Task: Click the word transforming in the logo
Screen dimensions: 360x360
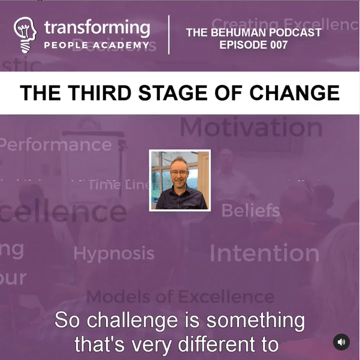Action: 96,28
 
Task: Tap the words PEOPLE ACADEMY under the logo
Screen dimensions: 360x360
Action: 96,46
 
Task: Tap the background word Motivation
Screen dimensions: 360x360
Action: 251,127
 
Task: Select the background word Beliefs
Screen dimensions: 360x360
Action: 250,210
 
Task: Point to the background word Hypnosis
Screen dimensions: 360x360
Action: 114,253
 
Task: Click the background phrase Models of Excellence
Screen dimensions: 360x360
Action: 180,296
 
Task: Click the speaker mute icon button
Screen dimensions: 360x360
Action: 341,342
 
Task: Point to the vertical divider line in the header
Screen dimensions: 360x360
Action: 169,35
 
